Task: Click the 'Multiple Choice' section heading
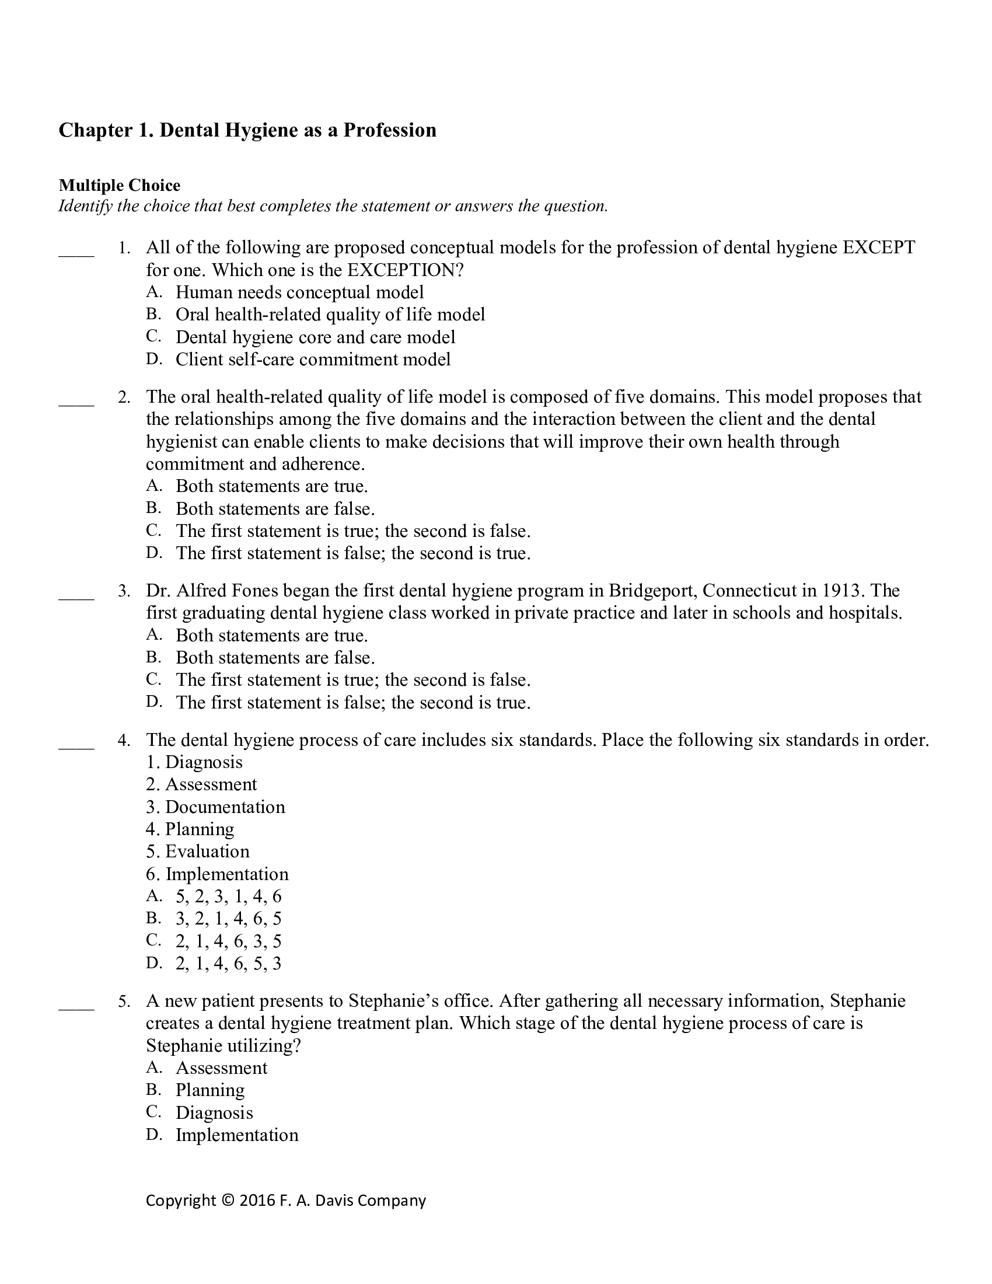click(x=119, y=186)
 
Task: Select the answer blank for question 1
click(x=76, y=254)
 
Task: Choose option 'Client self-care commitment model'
click(x=313, y=359)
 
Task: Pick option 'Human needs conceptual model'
click(x=299, y=292)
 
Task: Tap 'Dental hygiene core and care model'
click(x=315, y=337)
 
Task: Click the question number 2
click(x=123, y=397)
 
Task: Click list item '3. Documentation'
click(x=215, y=807)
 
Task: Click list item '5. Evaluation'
click(x=197, y=852)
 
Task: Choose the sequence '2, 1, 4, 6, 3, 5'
click(x=228, y=941)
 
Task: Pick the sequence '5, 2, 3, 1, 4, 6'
click(x=228, y=896)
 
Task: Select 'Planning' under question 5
click(x=210, y=1090)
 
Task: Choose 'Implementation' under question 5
click(x=237, y=1135)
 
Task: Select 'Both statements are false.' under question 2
click(x=274, y=508)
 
